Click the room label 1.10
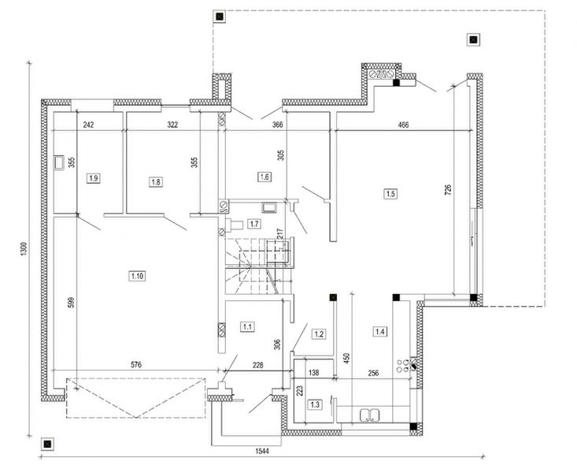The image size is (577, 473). pos(136,275)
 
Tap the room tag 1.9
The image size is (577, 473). pos(94,179)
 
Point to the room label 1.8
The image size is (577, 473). pos(156,181)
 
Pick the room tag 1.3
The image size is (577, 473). pos(315,404)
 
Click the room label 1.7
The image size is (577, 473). pos(254,224)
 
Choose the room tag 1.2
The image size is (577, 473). pos(319,333)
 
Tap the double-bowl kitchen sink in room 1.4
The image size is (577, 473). pos(368,415)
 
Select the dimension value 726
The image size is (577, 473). pos(447,189)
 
